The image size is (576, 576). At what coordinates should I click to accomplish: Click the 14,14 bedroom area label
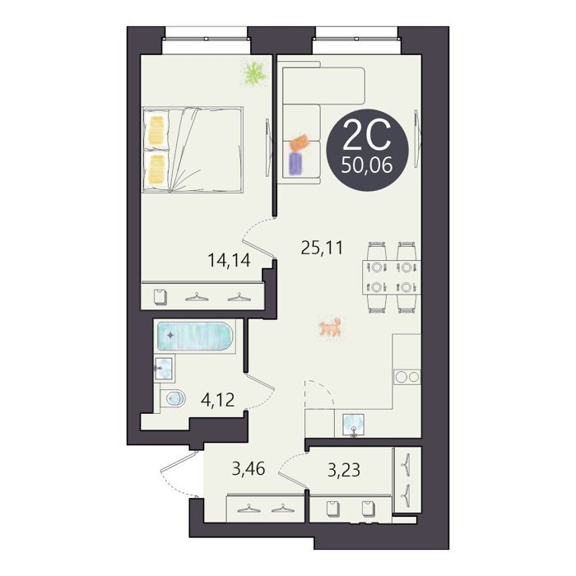[230, 261]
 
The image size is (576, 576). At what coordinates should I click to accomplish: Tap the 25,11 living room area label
[322, 248]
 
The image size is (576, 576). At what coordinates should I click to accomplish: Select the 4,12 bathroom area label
[218, 400]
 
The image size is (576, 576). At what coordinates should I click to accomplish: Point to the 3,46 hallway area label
[249, 469]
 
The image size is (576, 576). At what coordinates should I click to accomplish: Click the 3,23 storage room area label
[344, 470]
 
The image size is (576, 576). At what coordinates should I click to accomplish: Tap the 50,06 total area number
[367, 165]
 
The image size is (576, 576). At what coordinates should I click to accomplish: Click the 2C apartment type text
[366, 136]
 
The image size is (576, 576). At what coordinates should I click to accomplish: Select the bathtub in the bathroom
[195, 337]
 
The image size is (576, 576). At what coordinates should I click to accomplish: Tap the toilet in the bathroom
[174, 397]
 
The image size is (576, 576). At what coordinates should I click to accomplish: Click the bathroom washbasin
[165, 369]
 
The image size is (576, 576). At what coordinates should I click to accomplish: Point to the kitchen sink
[353, 425]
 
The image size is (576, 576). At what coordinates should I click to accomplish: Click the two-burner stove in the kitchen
[407, 377]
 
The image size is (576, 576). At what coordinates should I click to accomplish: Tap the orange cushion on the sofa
[300, 142]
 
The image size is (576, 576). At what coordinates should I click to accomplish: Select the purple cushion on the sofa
[295, 163]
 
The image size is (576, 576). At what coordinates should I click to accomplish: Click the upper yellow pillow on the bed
[156, 130]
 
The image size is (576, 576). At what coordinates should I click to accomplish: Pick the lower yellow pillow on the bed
[156, 169]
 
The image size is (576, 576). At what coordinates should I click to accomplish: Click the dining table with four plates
[391, 277]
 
